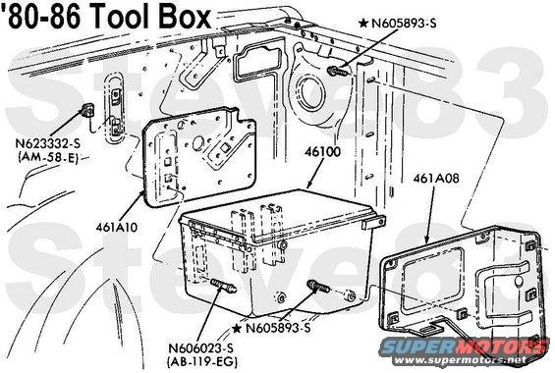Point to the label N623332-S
47,143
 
